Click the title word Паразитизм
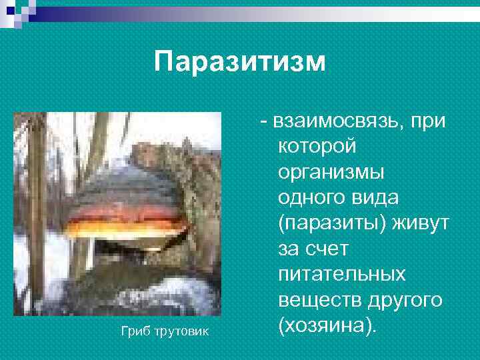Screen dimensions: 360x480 pyautogui.click(x=240, y=62)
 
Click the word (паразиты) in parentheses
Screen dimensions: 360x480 pyautogui.click(x=329, y=224)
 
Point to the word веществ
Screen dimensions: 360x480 pyautogui.click(x=316, y=301)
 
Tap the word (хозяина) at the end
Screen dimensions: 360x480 pyautogui.click(x=327, y=327)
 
